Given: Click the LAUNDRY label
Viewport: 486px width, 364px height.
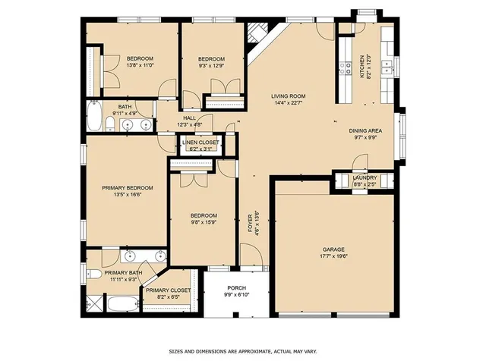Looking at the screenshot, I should click(x=364, y=177).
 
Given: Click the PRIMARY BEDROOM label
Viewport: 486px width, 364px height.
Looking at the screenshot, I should click(x=128, y=187).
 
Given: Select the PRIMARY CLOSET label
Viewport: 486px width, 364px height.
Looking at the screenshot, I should click(x=168, y=290).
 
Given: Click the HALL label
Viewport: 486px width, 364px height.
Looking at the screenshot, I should click(x=189, y=118).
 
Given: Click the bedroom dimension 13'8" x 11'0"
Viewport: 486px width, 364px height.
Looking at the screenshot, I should click(x=140, y=66).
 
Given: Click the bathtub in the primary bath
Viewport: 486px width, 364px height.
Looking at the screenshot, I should click(x=120, y=305).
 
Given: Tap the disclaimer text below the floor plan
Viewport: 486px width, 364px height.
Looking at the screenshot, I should click(x=243, y=352).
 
